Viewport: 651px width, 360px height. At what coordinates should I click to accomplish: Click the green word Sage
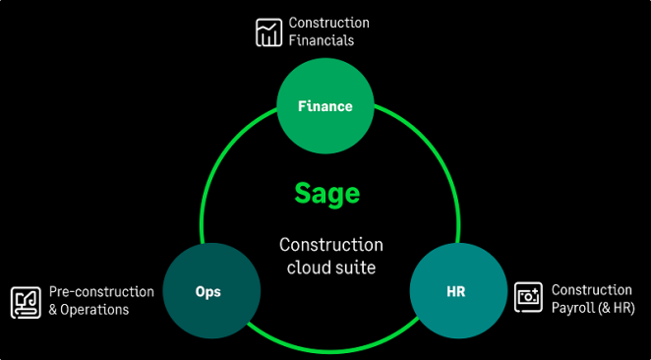click(326, 193)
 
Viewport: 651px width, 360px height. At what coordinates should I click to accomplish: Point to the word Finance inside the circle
click(325, 106)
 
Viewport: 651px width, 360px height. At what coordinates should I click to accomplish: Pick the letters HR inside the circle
click(456, 293)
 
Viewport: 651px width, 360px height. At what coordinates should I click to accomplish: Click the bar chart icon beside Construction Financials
click(267, 32)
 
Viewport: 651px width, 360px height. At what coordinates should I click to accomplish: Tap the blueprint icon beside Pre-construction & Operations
click(26, 301)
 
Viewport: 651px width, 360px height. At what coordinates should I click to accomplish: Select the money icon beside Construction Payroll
click(529, 298)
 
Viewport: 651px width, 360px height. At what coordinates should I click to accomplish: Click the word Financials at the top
click(322, 41)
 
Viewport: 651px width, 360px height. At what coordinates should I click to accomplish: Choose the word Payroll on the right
click(575, 308)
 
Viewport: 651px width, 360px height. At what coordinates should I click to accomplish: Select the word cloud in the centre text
click(309, 267)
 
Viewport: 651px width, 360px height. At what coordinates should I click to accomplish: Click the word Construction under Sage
click(331, 245)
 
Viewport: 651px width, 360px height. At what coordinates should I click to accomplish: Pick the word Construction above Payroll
click(591, 290)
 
